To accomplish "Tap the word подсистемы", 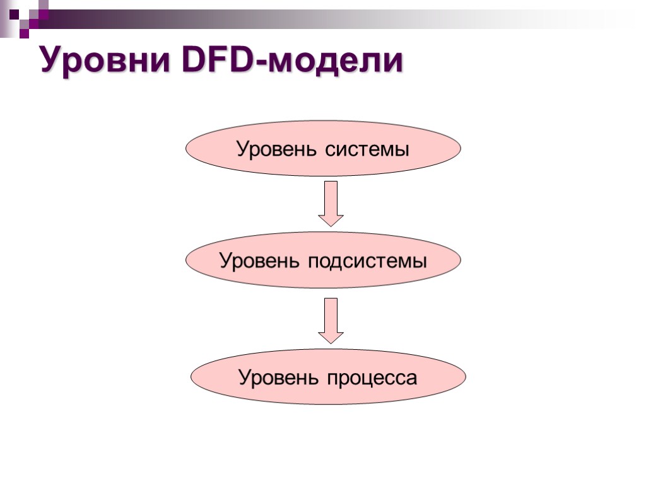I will (367, 261).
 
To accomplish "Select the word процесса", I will (372, 378).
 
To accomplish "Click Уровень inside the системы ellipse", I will (278, 150).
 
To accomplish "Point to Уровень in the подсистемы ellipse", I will (260, 261).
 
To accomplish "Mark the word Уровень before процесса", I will (279, 378).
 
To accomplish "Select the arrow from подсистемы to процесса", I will (331, 318).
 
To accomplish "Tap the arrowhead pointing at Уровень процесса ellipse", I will (331, 337).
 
